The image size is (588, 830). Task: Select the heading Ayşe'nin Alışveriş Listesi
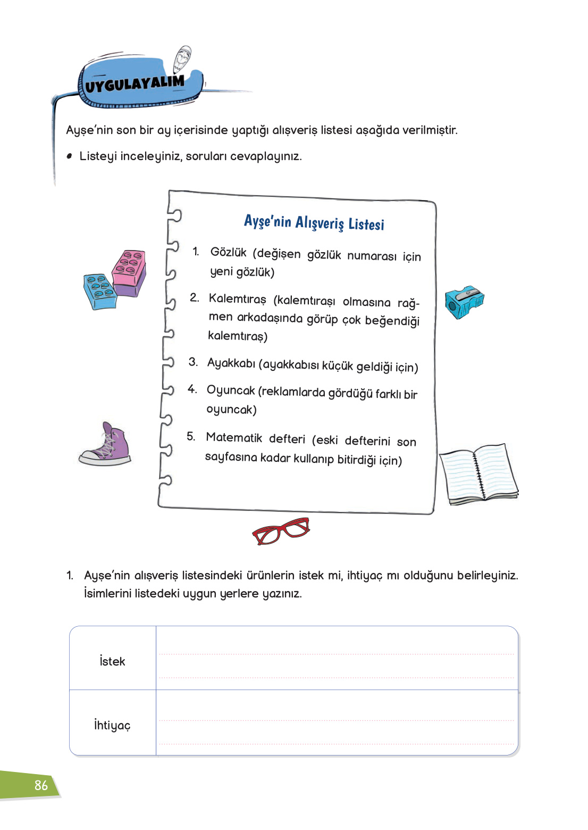[314, 222]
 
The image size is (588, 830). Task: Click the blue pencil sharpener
[464, 302]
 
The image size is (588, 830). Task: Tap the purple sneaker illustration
[106, 445]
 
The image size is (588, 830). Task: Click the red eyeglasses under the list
[281, 530]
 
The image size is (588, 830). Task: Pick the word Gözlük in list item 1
[228, 252]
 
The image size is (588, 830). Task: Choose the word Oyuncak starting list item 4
[231, 390]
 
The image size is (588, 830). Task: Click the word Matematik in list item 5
[234, 437]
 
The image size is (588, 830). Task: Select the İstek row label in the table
[112, 661]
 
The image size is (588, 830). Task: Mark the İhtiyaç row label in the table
[112, 725]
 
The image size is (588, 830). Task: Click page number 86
[41, 785]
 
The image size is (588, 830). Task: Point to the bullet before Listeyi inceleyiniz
[69, 156]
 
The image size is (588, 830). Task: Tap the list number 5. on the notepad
[191, 436]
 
